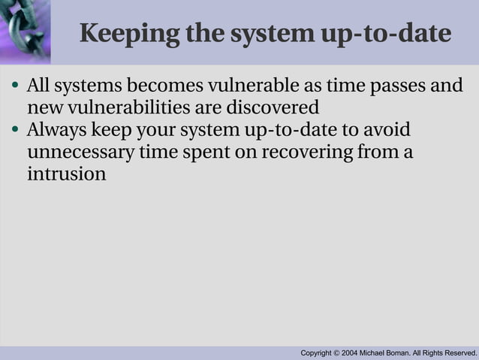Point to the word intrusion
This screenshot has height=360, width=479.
pyautogui.click(x=66, y=175)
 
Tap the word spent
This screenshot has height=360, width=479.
pyautogui.click(x=202, y=153)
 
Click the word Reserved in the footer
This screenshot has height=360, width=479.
pyautogui.click(x=458, y=352)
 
